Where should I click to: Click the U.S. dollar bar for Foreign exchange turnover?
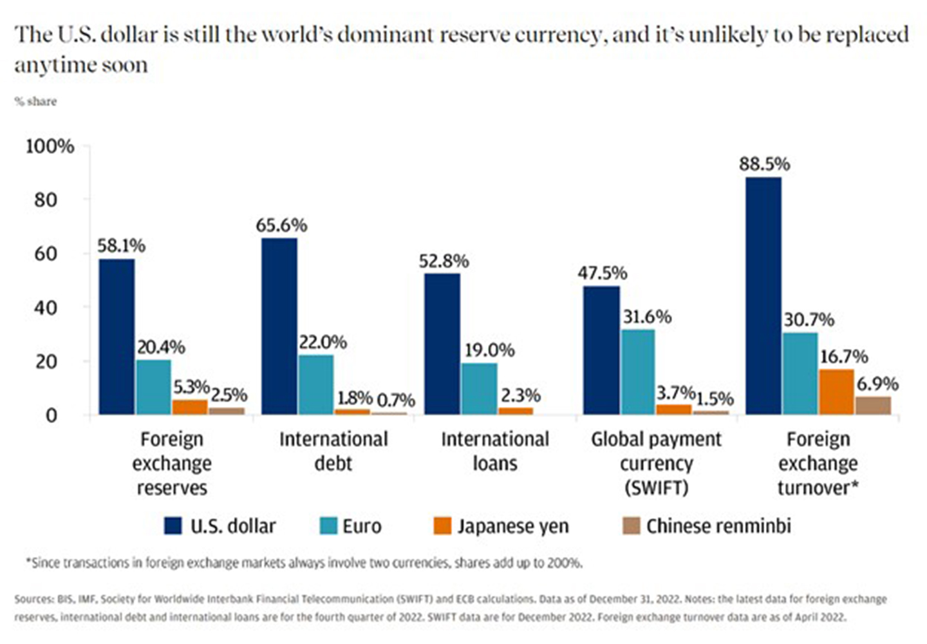(763, 296)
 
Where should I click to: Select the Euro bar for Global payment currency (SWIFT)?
(638, 372)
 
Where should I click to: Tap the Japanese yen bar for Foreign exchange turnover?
(836, 392)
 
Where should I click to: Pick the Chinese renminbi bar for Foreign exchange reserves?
(227, 411)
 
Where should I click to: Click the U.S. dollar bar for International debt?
(279, 327)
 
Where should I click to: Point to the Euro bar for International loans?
(480, 388)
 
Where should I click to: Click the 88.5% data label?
(764, 164)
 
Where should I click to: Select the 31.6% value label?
(646, 317)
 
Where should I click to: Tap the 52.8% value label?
(444, 261)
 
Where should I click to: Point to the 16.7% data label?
(843, 357)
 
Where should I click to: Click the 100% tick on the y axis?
(50, 147)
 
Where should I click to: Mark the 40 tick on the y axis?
(46, 308)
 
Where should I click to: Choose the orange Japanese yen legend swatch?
(442, 526)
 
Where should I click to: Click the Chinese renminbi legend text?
(718, 526)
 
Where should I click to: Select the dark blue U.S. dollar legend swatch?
(173, 526)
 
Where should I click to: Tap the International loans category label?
(494, 451)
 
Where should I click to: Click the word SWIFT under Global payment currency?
(656, 488)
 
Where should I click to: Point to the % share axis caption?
(35, 102)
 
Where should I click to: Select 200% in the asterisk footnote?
(565, 563)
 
